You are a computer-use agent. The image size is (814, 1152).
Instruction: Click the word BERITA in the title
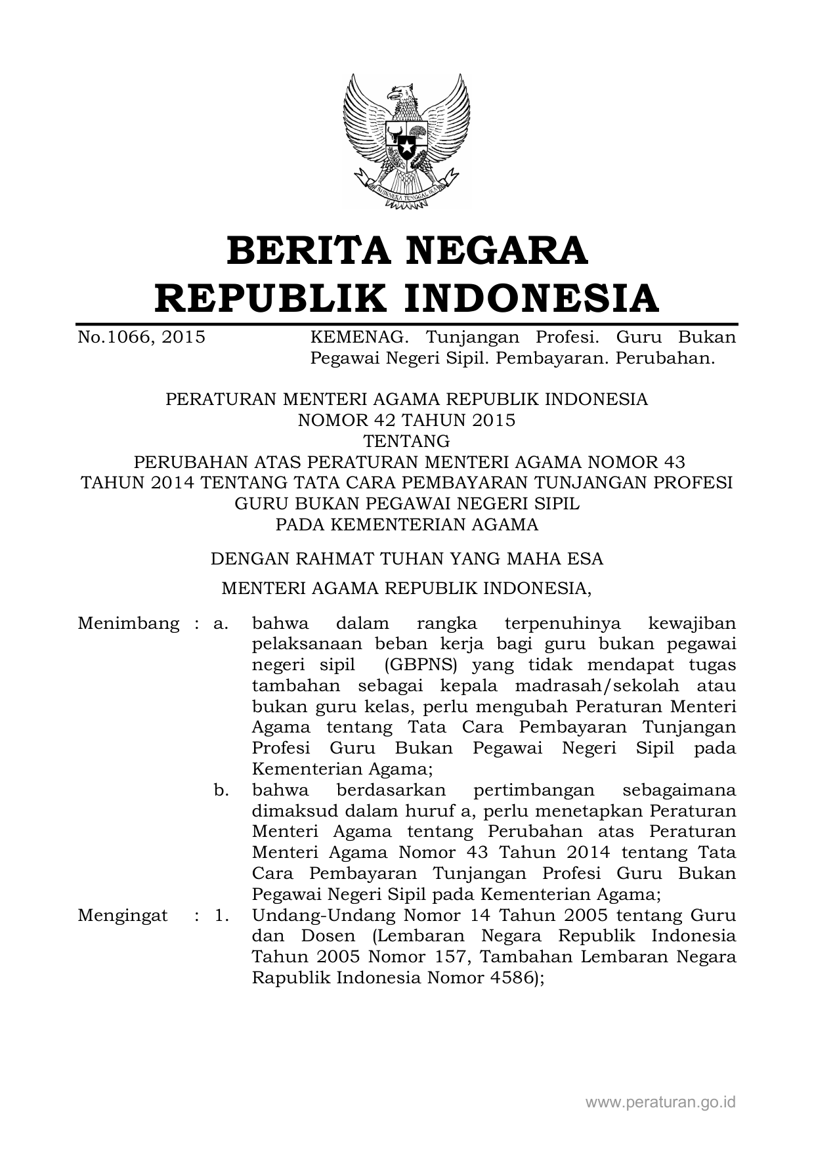point(303,251)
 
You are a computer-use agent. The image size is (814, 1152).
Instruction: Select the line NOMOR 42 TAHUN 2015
point(406,420)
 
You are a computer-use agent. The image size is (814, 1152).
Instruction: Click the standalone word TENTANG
point(406,440)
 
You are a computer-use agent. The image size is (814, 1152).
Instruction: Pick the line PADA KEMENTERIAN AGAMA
point(406,524)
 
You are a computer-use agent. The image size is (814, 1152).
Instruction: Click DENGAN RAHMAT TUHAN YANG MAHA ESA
point(406,559)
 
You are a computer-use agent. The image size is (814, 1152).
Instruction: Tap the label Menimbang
point(128,623)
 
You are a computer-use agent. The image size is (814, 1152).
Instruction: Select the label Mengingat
point(123,915)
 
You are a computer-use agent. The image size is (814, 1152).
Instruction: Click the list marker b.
point(221,790)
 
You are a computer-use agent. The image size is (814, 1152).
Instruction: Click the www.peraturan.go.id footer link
point(660,1101)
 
